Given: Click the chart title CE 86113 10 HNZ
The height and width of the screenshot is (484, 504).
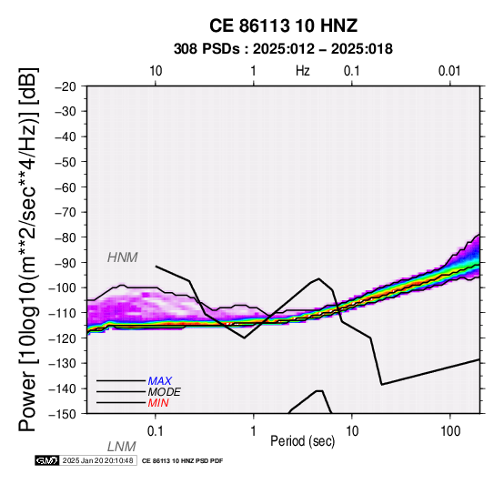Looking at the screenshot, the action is pos(283,25).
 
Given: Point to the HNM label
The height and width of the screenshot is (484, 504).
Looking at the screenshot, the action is pos(123,257).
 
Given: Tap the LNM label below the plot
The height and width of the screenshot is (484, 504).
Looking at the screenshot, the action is pos(122,447).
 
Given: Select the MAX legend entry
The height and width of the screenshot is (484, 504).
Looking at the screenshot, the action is pos(159,381).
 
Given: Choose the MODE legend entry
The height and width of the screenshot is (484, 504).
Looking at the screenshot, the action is pos(164,392).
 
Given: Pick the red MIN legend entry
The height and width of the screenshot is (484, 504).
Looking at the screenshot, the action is pos(158,403).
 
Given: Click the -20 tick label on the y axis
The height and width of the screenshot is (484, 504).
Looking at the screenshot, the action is pos(66,86).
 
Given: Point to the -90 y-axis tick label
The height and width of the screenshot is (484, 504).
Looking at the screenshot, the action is pos(66,263).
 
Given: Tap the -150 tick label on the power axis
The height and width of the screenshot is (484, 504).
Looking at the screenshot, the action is pos(63,414).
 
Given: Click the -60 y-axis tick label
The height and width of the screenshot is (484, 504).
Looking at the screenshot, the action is pos(66,187).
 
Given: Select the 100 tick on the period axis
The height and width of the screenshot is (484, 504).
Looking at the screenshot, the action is pos(450,431).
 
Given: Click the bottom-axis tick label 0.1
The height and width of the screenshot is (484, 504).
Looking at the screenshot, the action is pos(156,431).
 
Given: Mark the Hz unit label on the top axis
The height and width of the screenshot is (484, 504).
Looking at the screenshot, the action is pos(303,71).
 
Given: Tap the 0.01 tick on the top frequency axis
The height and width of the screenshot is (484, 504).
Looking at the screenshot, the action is pos(449,71).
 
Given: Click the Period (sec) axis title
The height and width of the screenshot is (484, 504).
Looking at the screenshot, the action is pos(302,441).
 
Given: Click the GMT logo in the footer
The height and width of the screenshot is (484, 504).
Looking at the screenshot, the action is pos(47,460).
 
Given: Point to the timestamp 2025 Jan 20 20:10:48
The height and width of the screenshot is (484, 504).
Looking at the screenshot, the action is pos(97,460).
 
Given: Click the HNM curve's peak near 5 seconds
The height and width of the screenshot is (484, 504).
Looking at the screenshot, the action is pos(318,278).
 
